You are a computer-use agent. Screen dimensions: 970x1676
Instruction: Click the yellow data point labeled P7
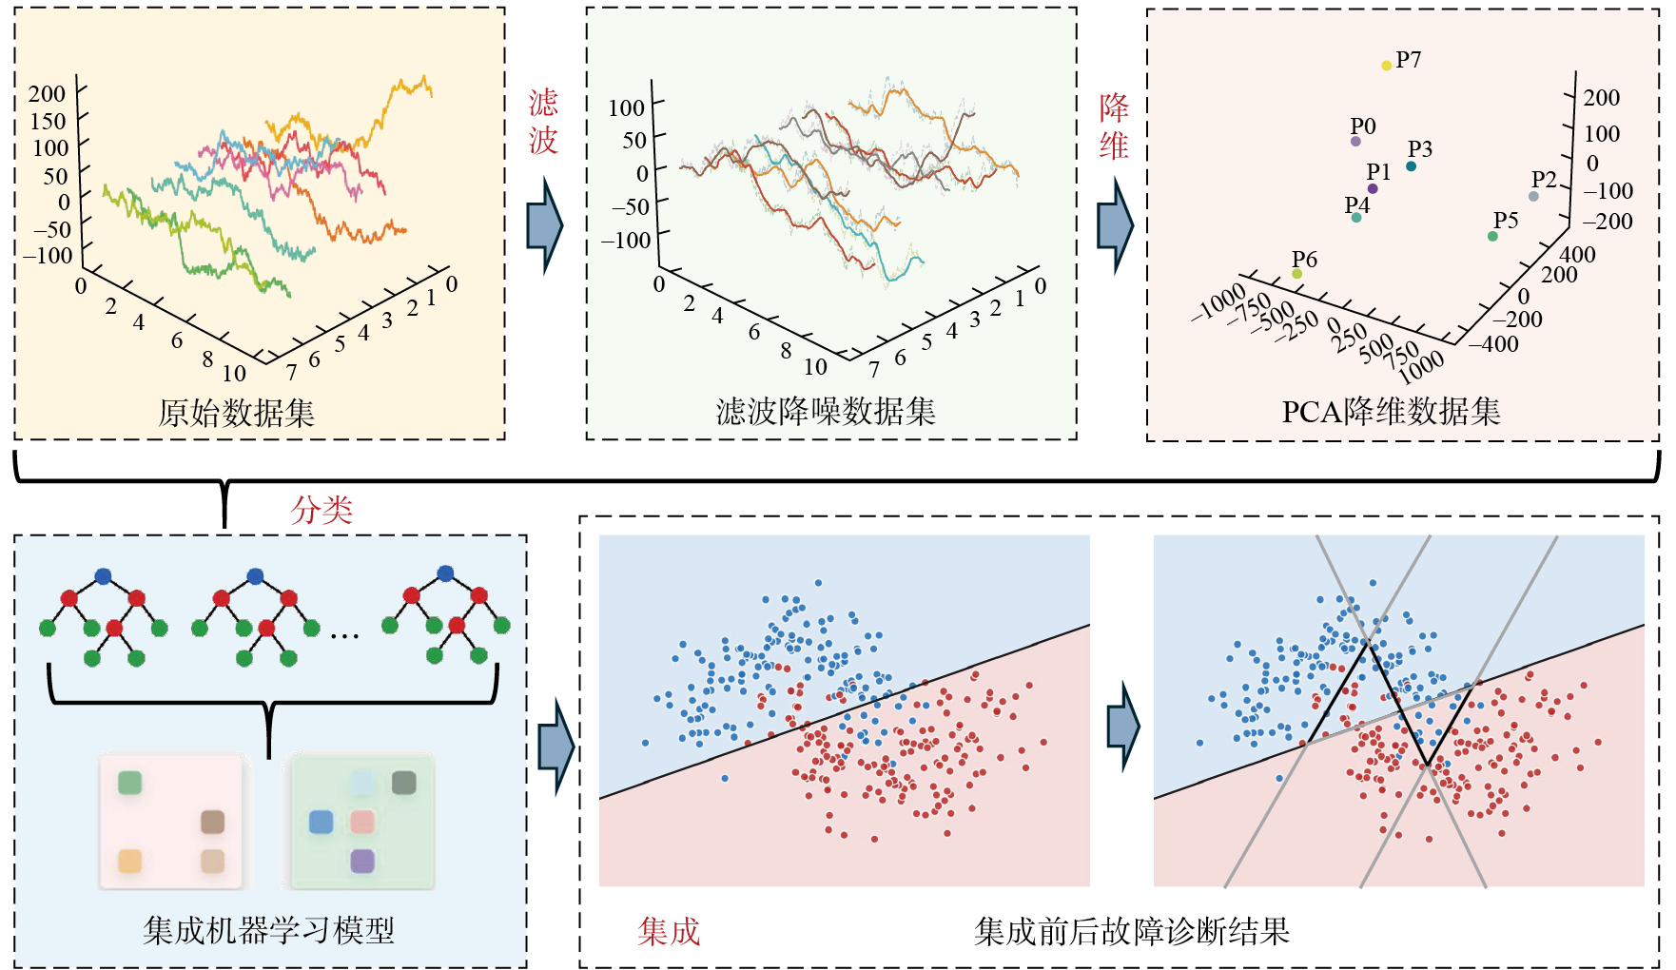pyautogui.click(x=1386, y=66)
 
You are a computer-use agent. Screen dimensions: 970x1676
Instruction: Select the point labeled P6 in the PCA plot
pyautogui.click(x=1296, y=274)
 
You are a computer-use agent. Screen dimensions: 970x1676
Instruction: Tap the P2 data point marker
pyautogui.click(x=1532, y=197)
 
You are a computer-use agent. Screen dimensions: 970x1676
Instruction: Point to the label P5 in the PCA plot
pyautogui.click(x=1506, y=221)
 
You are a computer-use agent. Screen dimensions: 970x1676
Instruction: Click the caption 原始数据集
pyautogui.click(x=236, y=413)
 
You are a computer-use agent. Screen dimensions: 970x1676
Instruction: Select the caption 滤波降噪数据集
pyautogui.click(x=826, y=411)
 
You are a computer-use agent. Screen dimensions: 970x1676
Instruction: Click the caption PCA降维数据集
pyautogui.click(x=1391, y=411)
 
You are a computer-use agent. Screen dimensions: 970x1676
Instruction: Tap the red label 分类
pyautogui.click(x=322, y=511)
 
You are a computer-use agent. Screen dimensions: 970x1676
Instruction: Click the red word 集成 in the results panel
pyautogui.click(x=669, y=931)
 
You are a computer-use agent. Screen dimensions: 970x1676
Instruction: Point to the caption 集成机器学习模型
pyautogui.click(x=268, y=930)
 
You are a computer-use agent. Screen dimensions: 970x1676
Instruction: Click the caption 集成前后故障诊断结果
pyautogui.click(x=1132, y=931)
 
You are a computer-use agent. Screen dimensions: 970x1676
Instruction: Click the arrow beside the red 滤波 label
pyautogui.click(x=545, y=226)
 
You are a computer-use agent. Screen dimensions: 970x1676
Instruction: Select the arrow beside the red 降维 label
pyautogui.click(x=1116, y=226)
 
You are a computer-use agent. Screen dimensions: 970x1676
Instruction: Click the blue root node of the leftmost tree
pyautogui.click(x=103, y=576)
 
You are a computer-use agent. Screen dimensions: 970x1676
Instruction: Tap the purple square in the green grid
pyautogui.click(x=362, y=861)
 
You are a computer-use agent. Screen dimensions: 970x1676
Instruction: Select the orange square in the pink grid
pyautogui.click(x=129, y=861)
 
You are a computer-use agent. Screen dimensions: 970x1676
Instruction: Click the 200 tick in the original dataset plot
pyautogui.click(x=47, y=93)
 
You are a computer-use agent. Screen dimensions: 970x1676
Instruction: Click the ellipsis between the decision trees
pyautogui.click(x=344, y=635)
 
